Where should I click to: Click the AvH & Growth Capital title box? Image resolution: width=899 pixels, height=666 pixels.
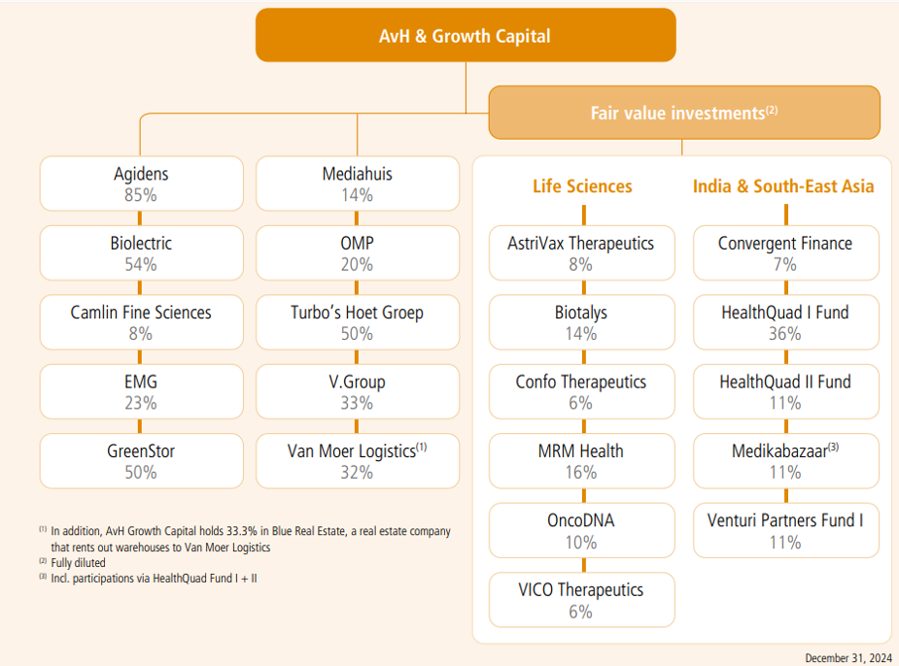[x=465, y=36]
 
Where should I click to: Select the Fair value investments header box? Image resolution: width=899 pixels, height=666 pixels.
[x=684, y=113]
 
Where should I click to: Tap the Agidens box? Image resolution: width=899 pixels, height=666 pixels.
[x=141, y=183]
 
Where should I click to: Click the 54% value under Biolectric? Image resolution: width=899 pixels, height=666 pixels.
[x=141, y=264]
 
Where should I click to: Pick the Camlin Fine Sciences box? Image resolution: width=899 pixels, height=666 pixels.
[x=141, y=322]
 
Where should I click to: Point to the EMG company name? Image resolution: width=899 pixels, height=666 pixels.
[x=141, y=382]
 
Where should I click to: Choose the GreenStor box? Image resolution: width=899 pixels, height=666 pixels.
[x=141, y=461]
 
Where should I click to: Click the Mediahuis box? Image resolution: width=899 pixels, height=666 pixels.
[x=357, y=183]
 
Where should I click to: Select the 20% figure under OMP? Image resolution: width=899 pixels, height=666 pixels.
[x=357, y=264]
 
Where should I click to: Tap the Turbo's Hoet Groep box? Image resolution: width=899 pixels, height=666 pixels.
[x=357, y=322]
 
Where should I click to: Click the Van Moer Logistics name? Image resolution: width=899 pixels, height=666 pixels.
[x=351, y=450]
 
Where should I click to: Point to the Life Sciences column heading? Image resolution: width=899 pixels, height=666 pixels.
[x=582, y=186]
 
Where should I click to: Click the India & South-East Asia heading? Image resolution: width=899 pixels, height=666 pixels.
[x=783, y=186]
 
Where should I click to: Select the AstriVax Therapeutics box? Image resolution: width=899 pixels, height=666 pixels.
[x=581, y=253]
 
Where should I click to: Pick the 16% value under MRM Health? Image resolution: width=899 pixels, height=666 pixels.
[x=581, y=473]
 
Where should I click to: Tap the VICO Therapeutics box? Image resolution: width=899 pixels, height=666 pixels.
[x=581, y=600]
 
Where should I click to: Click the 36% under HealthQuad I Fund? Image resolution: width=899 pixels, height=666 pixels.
[x=785, y=334]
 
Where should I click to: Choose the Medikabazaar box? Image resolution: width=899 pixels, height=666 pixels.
[x=785, y=461]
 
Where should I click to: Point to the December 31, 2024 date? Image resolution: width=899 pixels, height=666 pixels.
[x=847, y=657]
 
